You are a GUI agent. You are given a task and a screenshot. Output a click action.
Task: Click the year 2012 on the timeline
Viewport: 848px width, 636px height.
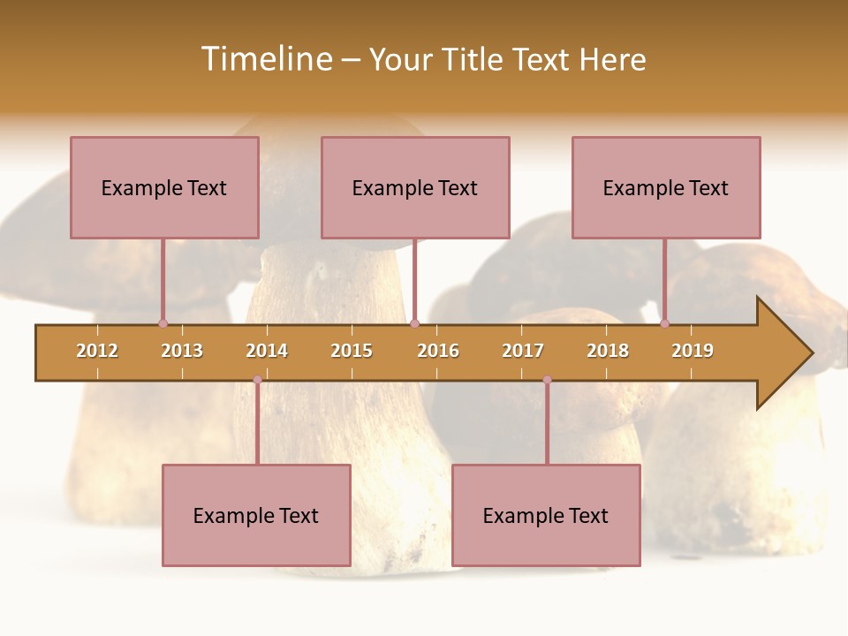(97, 351)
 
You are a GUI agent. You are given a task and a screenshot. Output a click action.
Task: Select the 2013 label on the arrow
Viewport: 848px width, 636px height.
(182, 351)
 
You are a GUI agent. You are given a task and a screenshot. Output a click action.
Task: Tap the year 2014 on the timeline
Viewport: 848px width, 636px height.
(267, 351)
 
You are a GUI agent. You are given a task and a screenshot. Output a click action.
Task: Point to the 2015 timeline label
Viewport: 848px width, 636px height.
(352, 351)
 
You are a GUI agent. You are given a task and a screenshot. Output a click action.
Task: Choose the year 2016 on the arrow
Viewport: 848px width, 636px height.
(438, 351)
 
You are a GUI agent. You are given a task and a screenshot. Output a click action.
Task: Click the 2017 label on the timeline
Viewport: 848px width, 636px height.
(523, 351)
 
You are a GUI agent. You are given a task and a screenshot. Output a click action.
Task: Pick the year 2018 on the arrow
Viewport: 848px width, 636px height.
(608, 351)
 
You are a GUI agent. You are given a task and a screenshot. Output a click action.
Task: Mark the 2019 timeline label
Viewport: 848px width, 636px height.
(693, 351)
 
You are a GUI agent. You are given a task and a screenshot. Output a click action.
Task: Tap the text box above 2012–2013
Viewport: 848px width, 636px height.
(164, 187)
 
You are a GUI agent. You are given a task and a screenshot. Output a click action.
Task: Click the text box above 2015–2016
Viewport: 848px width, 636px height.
(415, 187)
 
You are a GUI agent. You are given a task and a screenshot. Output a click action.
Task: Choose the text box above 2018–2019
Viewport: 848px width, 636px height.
(666, 187)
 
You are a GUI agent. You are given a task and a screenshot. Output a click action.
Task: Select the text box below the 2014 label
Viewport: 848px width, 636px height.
(256, 515)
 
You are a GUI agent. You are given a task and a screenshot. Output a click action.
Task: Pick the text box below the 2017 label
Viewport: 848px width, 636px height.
(546, 515)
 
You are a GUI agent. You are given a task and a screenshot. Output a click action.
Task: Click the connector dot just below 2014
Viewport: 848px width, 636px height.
(257, 379)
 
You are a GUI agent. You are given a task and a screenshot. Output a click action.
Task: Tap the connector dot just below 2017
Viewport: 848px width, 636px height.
(547, 379)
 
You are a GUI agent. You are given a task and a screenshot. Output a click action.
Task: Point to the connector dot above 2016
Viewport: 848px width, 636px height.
(414, 323)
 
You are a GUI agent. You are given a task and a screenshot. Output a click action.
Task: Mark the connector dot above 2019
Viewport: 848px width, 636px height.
(664, 323)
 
